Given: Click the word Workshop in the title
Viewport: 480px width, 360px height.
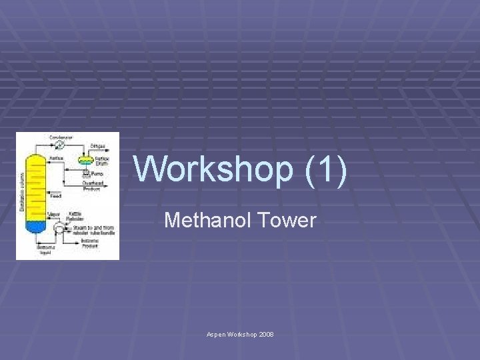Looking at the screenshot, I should (x=213, y=169).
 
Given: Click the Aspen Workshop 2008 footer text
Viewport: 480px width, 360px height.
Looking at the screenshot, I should (x=240, y=333).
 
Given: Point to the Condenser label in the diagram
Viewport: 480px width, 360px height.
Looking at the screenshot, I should (x=61, y=137).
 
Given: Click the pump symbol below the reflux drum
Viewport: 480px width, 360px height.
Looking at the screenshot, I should (x=85, y=174).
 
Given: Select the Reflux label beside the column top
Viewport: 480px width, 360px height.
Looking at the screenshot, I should (x=56, y=157).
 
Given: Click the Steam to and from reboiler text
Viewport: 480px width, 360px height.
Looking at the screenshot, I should (x=98, y=229).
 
